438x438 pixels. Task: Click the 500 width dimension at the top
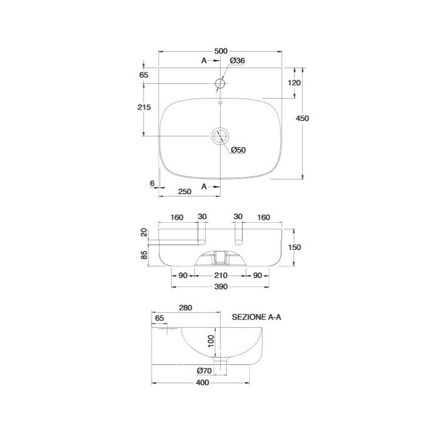click(x=221, y=51)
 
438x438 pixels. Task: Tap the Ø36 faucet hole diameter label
click(x=237, y=61)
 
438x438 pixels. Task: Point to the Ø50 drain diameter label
click(x=238, y=150)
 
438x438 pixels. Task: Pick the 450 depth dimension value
click(x=302, y=119)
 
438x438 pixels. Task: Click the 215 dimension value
click(x=144, y=107)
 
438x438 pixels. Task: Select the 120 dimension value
click(x=294, y=83)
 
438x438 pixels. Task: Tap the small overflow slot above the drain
click(x=220, y=103)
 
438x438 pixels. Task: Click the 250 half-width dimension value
click(x=185, y=192)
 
